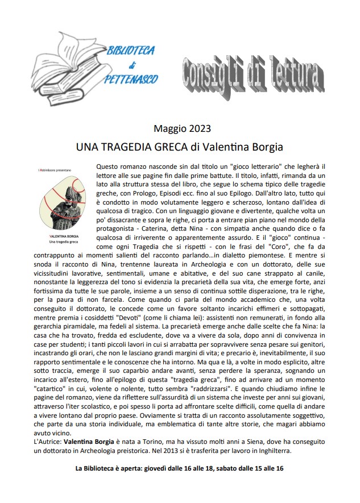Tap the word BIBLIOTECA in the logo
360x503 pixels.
point(131,51)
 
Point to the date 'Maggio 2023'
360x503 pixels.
point(180,130)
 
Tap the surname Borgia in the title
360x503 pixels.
point(264,147)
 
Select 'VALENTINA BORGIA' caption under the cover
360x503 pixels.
point(56,235)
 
